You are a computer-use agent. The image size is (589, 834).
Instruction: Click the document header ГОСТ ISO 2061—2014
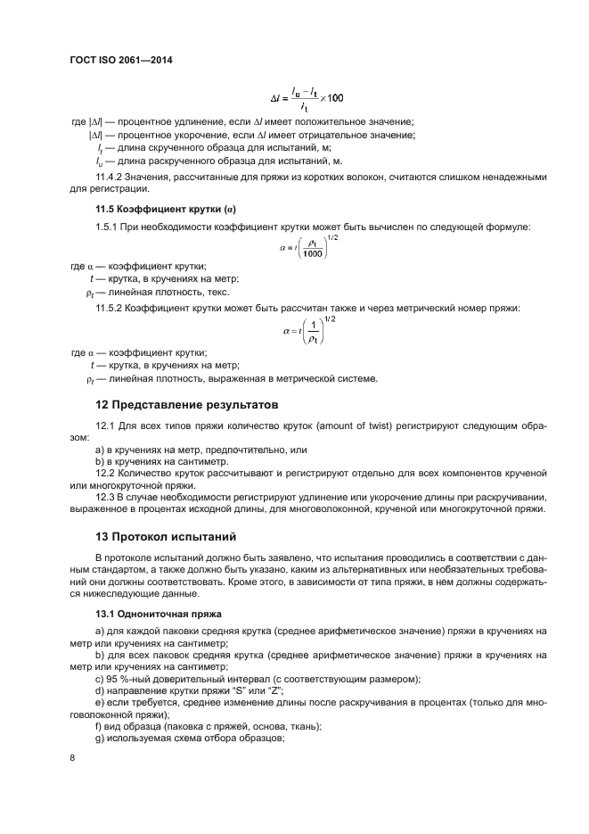pyautogui.click(x=120, y=61)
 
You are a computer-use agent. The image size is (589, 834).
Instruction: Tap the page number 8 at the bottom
pyautogui.click(x=72, y=758)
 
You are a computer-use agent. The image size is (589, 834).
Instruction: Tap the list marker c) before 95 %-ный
pyautogui.click(x=99, y=679)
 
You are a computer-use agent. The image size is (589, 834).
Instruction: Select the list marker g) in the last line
pyautogui.click(x=99, y=739)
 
